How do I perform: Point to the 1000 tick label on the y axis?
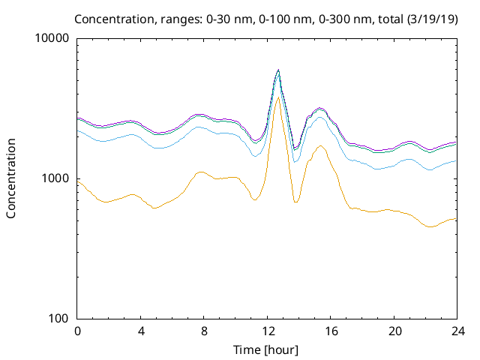(58, 178)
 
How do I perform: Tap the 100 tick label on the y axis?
(61, 319)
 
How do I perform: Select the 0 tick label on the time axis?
(77, 331)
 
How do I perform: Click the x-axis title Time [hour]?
(266, 349)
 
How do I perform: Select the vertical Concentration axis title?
(11, 178)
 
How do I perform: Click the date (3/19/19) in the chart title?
(429, 18)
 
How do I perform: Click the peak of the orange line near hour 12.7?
(278, 97)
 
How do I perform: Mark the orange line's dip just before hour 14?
(295, 202)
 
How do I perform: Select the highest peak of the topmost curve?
(278, 70)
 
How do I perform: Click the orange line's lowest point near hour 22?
(430, 226)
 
